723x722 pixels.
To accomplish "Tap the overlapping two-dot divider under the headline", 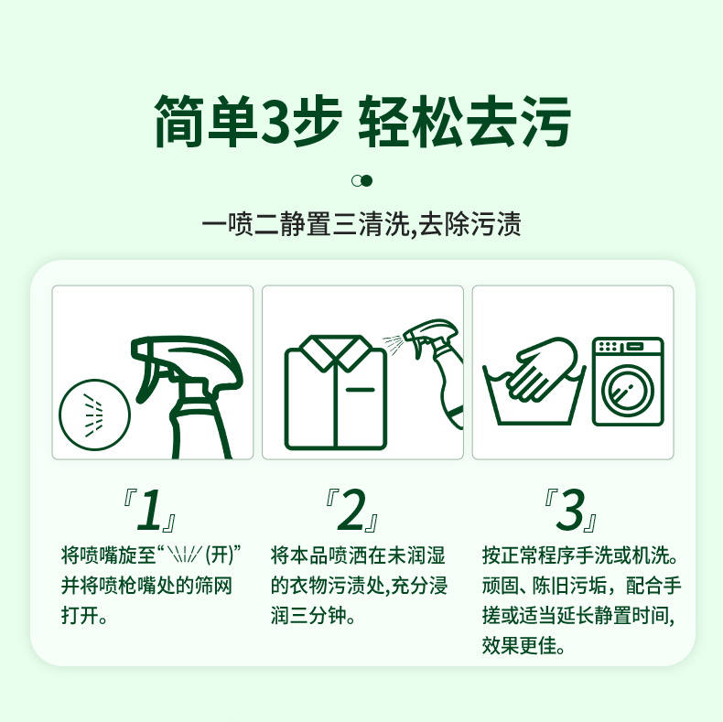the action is (x=361, y=181).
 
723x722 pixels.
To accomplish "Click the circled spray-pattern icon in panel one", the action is (x=94, y=415).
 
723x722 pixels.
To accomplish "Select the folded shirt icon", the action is (x=335, y=393).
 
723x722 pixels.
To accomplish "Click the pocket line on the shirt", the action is (x=360, y=390).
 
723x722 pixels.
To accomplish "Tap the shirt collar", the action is (x=336, y=352).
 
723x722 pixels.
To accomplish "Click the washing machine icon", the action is (x=628, y=382).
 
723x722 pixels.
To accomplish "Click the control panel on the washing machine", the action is (x=628, y=347).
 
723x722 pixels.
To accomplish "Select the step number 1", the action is (x=149, y=510).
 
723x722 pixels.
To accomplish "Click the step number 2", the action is (x=351, y=510).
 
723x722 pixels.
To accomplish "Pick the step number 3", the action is (x=570, y=510).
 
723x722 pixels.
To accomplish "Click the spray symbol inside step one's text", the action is (x=185, y=555).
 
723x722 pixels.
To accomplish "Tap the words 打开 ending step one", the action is (x=80, y=615).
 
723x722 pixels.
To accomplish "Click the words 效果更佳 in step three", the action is (x=519, y=645).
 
